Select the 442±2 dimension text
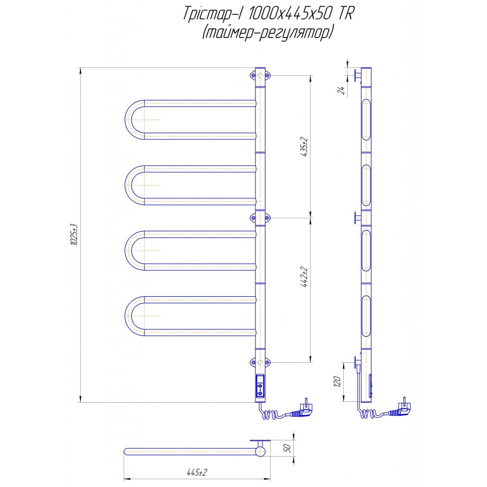click(304, 277)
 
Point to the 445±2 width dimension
click(197, 473)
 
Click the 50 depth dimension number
click(287, 448)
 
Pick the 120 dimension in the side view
click(337, 382)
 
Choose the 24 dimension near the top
click(341, 90)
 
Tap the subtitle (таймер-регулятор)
click(268, 32)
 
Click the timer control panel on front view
click(260, 386)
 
